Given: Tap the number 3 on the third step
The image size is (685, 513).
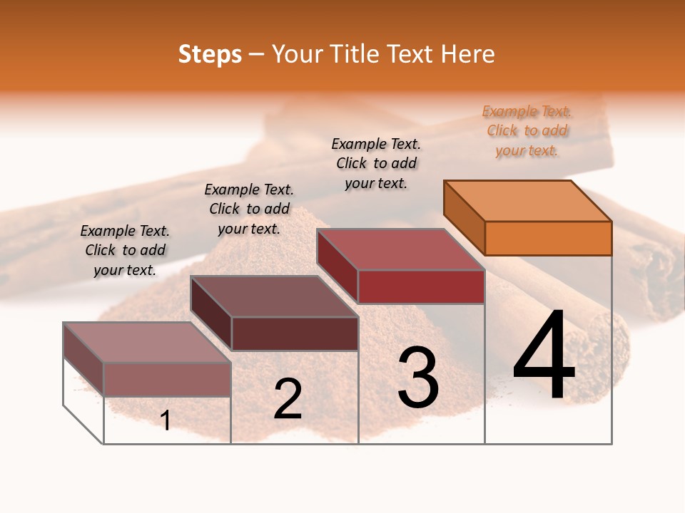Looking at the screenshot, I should pyautogui.click(x=418, y=378).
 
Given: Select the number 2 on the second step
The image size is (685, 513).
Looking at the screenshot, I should pyautogui.click(x=288, y=399).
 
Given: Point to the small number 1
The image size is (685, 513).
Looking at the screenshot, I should pyautogui.click(x=166, y=421).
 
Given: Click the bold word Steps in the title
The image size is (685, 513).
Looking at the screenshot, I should pyautogui.click(x=210, y=54).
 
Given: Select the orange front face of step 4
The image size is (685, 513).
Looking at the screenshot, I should pyautogui.click(x=548, y=238).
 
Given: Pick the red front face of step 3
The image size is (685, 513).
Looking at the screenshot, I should pyautogui.click(x=421, y=287).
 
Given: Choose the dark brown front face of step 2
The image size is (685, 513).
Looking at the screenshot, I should pyautogui.click(x=295, y=333).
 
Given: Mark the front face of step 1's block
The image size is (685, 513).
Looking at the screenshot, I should pyautogui.click(x=167, y=379).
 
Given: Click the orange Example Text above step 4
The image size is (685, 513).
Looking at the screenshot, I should pyautogui.click(x=527, y=131).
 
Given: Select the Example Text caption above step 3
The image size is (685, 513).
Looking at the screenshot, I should pyautogui.click(x=376, y=163).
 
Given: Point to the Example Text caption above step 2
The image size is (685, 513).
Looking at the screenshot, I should pyautogui.click(x=249, y=209).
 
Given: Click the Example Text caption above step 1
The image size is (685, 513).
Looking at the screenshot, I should pyautogui.click(x=125, y=250).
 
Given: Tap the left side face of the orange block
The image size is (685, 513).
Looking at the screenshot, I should pyautogui.click(x=464, y=217).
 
